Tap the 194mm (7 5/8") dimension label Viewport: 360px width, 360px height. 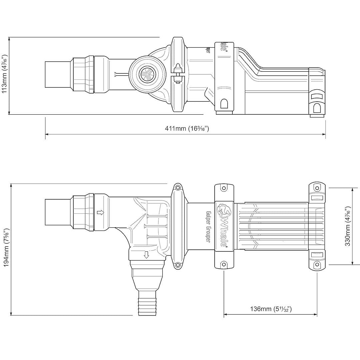click(6, 249)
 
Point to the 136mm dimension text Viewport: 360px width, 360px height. click(271, 309)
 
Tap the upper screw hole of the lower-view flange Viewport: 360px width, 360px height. click(178, 188)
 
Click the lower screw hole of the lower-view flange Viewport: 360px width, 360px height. click(178, 265)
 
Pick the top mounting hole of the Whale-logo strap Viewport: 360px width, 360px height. click(224, 189)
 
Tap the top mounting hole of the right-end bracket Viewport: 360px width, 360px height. click(317, 189)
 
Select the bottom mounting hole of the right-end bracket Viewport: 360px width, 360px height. click(317, 265)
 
